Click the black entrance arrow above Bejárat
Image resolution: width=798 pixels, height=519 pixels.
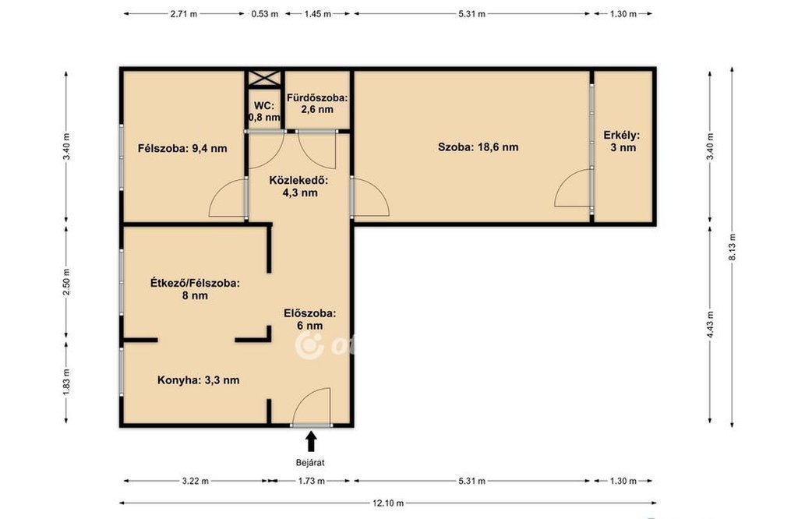coord(311,442)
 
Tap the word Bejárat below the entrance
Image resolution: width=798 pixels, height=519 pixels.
coord(310,463)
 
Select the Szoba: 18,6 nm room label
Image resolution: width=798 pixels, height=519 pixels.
coord(478,147)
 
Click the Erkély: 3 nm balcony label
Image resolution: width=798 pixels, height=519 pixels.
coord(621,142)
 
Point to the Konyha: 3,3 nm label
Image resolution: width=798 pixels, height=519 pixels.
coord(198,380)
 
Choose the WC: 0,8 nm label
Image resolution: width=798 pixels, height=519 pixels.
coord(263,111)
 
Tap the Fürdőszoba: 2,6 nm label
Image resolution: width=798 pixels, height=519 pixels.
coord(317,104)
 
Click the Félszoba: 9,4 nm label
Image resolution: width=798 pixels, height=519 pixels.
coord(182,149)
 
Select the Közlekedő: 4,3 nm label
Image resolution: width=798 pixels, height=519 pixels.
coord(299,186)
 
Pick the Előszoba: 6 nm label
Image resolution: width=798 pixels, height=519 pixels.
coord(309,319)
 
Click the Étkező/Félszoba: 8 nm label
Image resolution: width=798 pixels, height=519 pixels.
coord(194,289)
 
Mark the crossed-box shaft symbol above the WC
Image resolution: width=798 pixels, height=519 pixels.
coord(263,79)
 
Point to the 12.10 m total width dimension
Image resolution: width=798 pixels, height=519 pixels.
coord(388,503)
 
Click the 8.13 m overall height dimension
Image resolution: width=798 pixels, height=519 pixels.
coord(732,247)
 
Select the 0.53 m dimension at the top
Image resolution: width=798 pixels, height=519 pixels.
coord(265,14)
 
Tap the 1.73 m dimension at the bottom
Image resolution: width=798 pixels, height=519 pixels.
coord(312,481)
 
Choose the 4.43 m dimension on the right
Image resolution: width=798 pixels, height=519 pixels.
coord(711,325)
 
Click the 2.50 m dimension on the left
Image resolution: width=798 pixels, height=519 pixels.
coord(66,283)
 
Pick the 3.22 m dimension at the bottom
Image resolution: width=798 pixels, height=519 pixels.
coord(196,481)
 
